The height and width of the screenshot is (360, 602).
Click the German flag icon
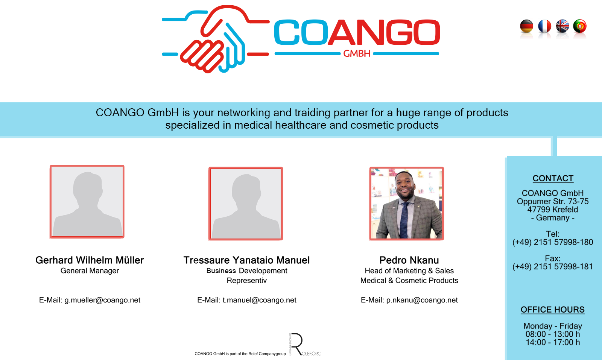pyautogui.click(x=526, y=26)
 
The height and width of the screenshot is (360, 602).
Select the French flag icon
pyautogui.click(x=544, y=26)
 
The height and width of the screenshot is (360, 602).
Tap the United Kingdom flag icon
pyautogui.click(x=562, y=26)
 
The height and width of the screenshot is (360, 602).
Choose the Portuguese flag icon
pyautogui.click(x=580, y=26)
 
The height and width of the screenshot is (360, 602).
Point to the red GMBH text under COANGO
pyautogui.click(x=357, y=54)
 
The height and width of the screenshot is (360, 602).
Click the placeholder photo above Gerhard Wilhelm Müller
pyautogui.click(x=87, y=202)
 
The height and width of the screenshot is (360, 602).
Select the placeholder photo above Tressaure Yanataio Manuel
pyautogui.click(x=246, y=204)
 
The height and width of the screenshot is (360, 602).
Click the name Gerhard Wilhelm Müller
pyautogui.click(x=90, y=260)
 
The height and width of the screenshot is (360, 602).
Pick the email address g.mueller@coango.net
pyautogui.click(x=102, y=300)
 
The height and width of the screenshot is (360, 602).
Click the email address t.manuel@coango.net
pyautogui.click(x=259, y=300)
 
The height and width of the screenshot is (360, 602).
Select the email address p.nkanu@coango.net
pyautogui.click(x=422, y=300)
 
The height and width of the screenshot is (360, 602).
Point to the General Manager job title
pyautogui.click(x=90, y=270)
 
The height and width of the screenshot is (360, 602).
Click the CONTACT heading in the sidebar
pyautogui.click(x=553, y=178)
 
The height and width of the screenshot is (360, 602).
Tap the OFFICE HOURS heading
pyautogui.click(x=553, y=310)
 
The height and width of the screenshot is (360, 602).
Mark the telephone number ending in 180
pyautogui.click(x=553, y=242)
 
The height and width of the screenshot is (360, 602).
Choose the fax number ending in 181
pyautogui.click(x=553, y=266)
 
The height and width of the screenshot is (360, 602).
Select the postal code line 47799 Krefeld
pyautogui.click(x=553, y=210)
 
